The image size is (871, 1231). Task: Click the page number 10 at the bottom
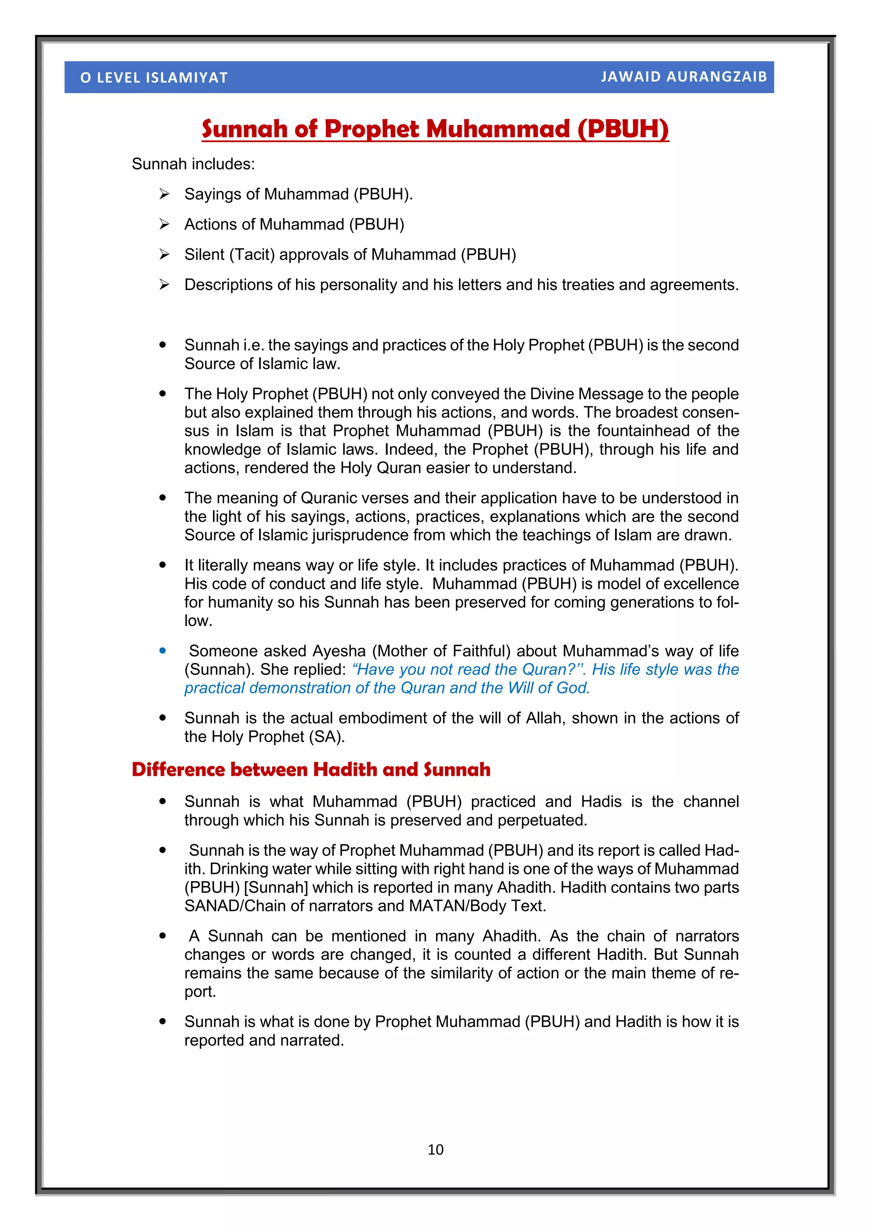pyautogui.click(x=435, y=1149)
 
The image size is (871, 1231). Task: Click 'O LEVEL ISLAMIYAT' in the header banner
pyautogui.click(x=154, y=78)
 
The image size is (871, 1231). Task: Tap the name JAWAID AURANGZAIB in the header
pyautogui.click(x=683, y=77)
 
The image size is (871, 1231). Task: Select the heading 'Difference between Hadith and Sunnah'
pyautogui.click(x=310, y=769)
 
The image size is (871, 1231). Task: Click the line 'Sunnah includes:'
pyautogui.click(x=193, y=164)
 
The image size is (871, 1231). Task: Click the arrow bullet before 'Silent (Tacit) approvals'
pyautogui.click(x=164, y=254)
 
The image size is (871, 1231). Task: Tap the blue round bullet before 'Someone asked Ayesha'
pyautogui.click(x=162, y=650)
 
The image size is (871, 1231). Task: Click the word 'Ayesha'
pyautogui.click(x=339, y=650)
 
